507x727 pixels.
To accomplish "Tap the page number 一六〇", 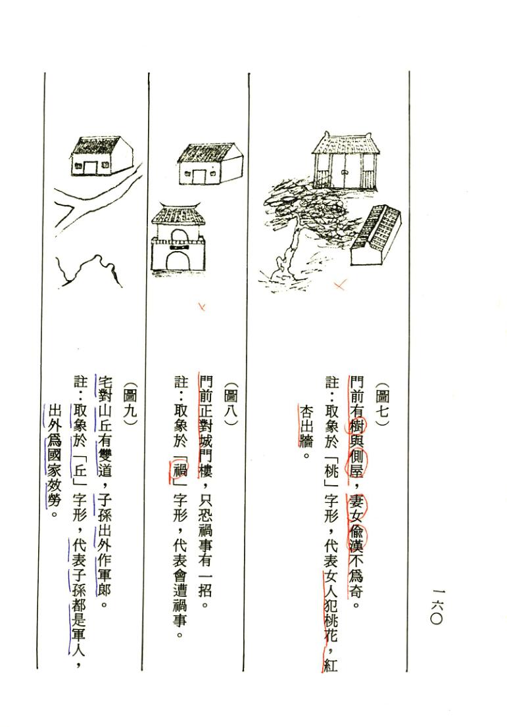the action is point(437,605).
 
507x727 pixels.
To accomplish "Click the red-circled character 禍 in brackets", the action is point(180,472).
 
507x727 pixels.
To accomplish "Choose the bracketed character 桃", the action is point(332,472).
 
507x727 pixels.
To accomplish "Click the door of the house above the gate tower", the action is point(199,177).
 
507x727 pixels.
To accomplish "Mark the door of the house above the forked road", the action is point(90,167).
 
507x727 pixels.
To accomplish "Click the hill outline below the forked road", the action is point(88,269).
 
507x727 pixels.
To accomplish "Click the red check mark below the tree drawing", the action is point(340,284).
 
